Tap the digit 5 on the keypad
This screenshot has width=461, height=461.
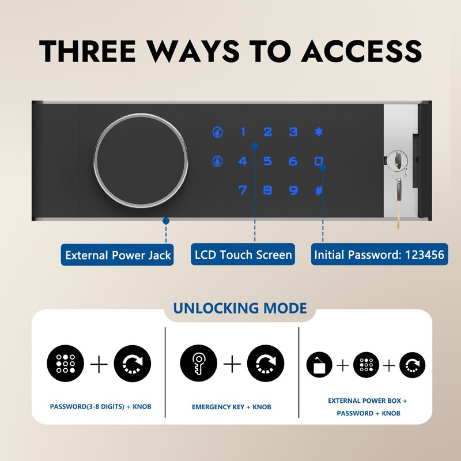[267, 161]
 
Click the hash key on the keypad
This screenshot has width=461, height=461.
[319, 191]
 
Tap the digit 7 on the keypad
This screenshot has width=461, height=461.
[243, 190]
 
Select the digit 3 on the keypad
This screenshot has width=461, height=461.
[293, 132]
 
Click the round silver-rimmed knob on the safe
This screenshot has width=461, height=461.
[141, 160]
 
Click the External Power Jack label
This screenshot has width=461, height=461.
[118, 255]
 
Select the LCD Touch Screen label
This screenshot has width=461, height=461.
[243, 255]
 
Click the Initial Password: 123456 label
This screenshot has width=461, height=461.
[380, 255]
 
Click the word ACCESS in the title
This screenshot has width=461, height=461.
[362, 51]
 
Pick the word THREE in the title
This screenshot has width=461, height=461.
[88, 51]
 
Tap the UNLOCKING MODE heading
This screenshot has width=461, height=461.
[240, 308]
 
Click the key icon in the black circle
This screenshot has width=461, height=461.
[198, 364]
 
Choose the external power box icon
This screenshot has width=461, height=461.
[319, 365]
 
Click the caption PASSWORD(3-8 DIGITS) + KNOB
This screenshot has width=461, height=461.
[100, 407]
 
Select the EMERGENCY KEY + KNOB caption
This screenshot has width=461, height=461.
[232, 407]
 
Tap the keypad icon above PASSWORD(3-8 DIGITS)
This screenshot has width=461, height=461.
[65, 364]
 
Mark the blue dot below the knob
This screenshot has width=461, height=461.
[166, 221]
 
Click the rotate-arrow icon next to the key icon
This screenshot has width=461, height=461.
[266, 364]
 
